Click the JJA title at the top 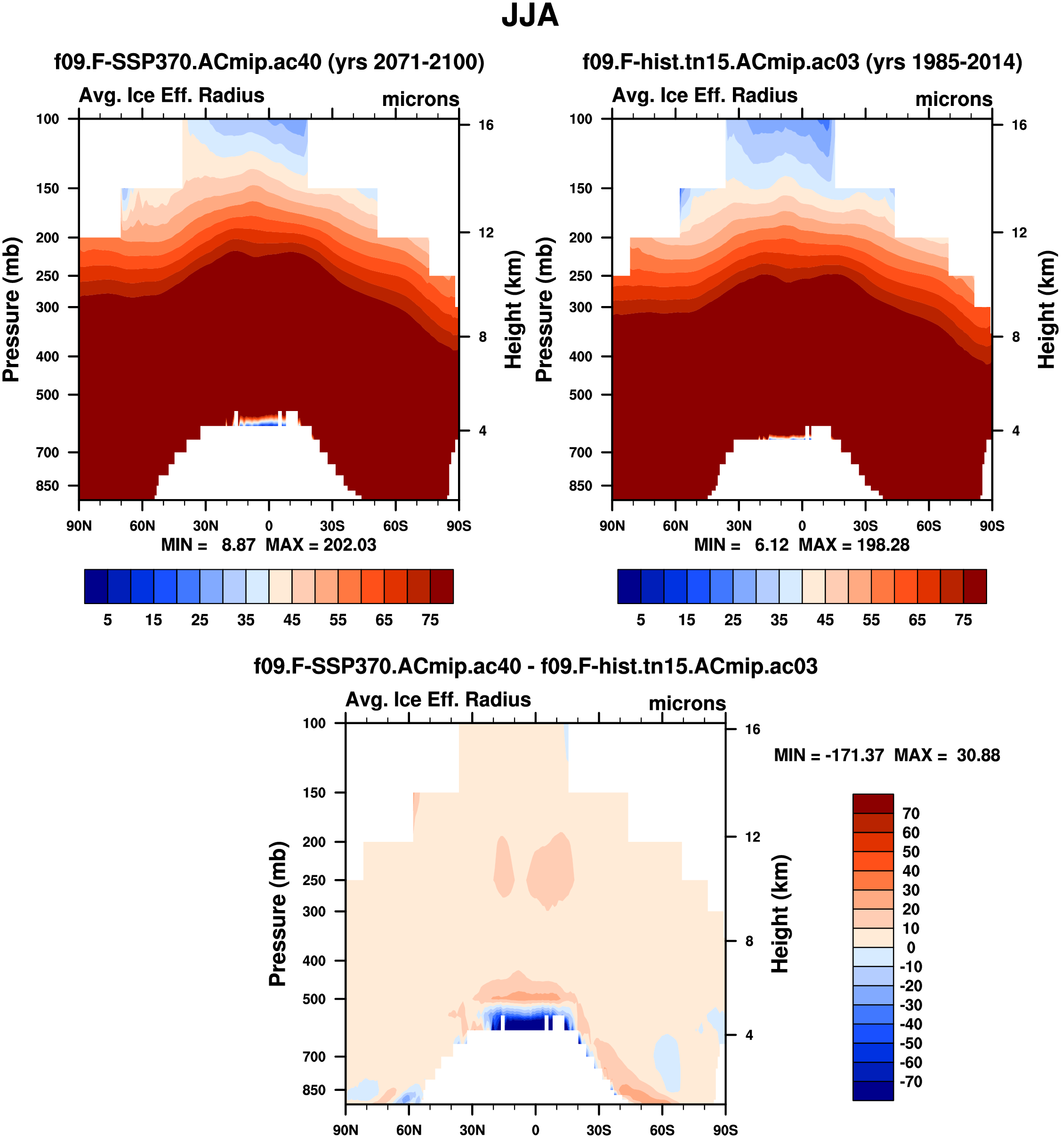[x=530, y=16]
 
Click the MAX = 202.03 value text [x=321, y=544]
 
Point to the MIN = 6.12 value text [x=741, y=544]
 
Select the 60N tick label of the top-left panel [x=142, y=525]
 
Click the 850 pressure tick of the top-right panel [x=580, y=485]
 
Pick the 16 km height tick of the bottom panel [x=752, y=729]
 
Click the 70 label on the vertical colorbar [x=910, y=814]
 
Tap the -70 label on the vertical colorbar [x=910, y=1082]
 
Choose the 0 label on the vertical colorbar [x=910, y=947]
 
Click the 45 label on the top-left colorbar [x=292, y=620]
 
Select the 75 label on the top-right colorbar [x=963, y=620]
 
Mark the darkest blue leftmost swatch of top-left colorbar [x=96, y=586]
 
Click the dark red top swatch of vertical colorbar [x=873, y=803]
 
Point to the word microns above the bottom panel [x=687, y=703]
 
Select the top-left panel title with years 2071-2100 [x=269, y=61]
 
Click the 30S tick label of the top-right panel [x=865, y=525]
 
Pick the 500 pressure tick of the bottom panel [x=314, y=999]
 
